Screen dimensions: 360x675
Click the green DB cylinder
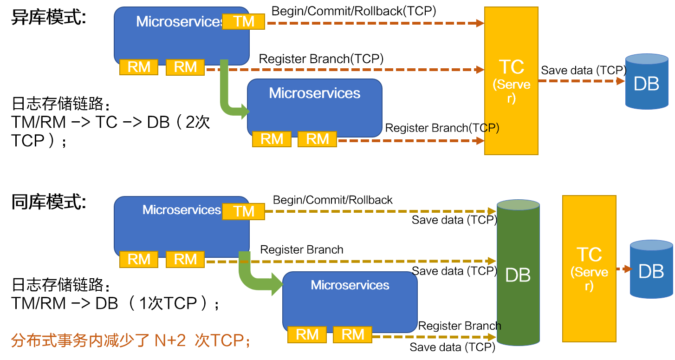click(518, 302)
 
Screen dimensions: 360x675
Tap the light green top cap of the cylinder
click(518, 205)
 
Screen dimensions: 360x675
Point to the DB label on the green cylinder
click(518, 275)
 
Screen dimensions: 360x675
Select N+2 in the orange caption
click(170, 341)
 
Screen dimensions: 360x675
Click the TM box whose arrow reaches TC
click(243, 21)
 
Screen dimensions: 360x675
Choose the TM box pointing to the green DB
click(243, 211)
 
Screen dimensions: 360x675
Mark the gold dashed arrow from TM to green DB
click(378, 211)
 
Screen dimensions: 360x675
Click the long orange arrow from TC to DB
click(580, 81)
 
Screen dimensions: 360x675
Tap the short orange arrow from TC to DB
click(623, 268)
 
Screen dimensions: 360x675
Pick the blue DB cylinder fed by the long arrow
click(646, 82)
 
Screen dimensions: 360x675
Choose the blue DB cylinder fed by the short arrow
click(651, 269)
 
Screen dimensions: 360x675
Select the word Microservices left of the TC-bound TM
click(179, 21)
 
